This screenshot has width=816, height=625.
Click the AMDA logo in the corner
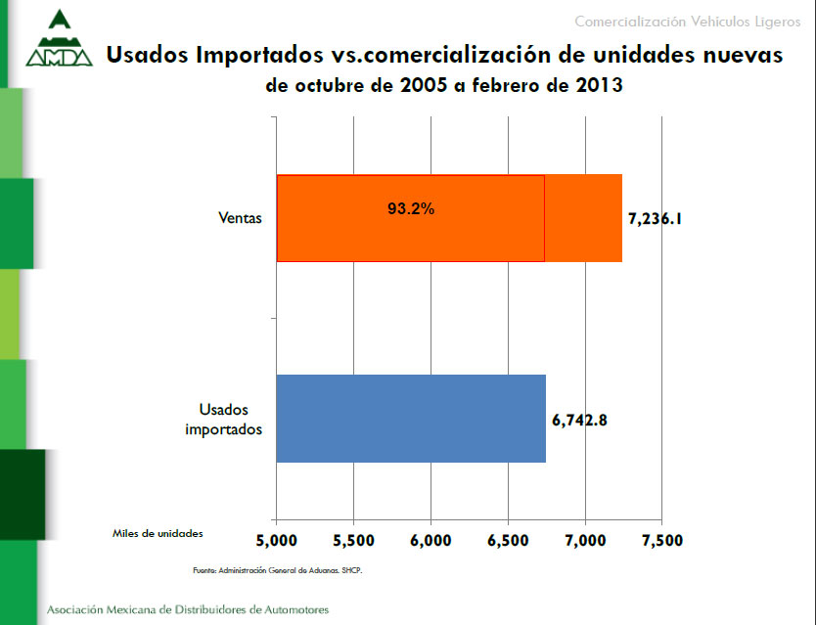59,41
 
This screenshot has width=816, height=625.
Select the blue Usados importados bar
411,418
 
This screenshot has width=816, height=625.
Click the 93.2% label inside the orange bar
411,208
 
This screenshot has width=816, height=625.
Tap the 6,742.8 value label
581,421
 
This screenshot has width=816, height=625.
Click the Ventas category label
240,219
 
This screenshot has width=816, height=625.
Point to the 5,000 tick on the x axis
277,540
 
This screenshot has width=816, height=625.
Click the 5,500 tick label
354,540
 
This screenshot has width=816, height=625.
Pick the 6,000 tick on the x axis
431,540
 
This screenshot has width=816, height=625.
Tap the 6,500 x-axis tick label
508,540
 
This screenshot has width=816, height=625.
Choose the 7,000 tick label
585,540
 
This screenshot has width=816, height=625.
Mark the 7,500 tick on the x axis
662,540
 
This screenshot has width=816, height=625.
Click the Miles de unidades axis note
158,533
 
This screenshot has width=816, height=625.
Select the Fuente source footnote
277,569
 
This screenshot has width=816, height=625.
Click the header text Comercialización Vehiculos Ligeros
687,22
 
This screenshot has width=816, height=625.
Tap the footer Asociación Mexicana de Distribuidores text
188,609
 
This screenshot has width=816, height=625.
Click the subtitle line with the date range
444,85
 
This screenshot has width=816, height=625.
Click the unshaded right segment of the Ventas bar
583,218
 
